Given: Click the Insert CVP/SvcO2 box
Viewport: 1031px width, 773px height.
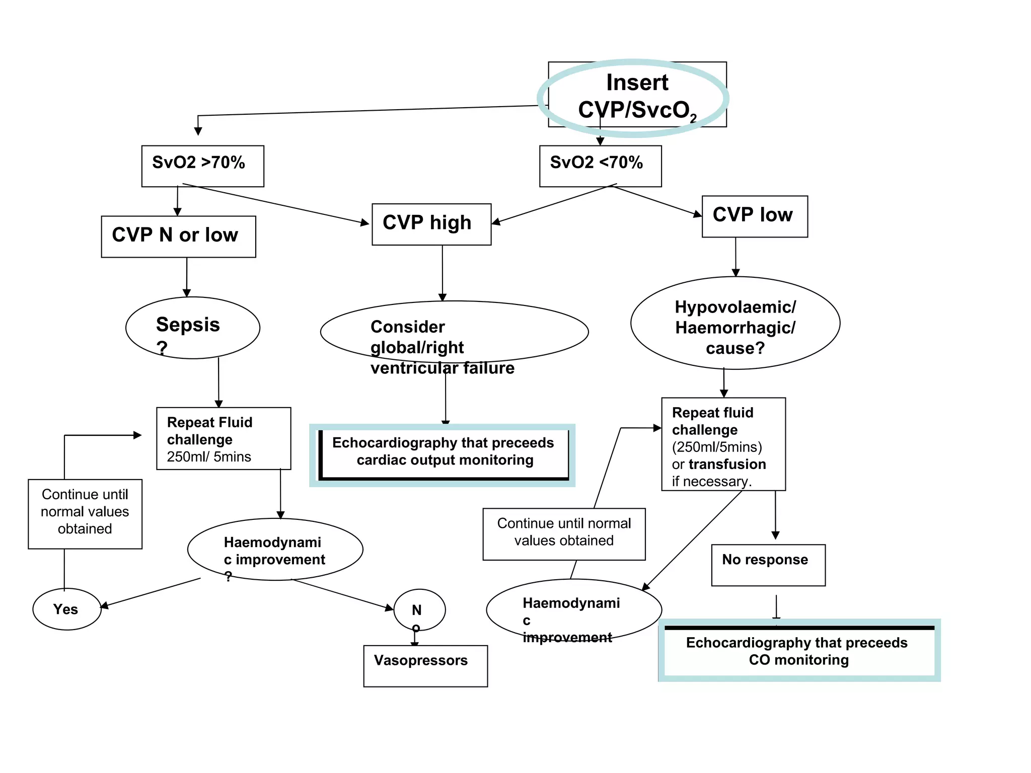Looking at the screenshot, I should tap(637, 96).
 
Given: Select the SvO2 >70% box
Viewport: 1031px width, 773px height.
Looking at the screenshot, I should tap(202, 166).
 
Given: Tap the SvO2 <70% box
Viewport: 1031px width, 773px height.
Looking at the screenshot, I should tap(600, 166).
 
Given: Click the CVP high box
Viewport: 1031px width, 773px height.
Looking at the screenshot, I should tap(431, 224).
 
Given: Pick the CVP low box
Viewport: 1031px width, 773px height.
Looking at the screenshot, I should tap(754, 216).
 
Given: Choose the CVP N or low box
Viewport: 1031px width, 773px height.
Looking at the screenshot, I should tap(178, 237).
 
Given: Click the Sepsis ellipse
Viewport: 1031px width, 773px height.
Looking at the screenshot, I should tap(192, 328).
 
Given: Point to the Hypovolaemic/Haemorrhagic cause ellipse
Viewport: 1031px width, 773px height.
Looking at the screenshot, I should tap(734, 323).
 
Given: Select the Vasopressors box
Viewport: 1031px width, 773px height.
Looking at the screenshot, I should tap(425, 665).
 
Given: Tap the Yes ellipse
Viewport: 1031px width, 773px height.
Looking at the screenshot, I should tap(66, 609).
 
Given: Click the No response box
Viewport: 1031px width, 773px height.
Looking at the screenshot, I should tap(768, 565).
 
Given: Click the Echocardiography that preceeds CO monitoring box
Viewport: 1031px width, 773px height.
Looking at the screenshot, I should tap(798, 651).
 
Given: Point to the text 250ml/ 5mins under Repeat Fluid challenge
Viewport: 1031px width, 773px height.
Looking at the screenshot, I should tap(209, 456).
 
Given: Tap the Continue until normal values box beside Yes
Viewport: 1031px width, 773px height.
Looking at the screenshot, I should tap(85, 513).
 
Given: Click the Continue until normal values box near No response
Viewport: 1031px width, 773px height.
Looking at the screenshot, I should tap(563, 533).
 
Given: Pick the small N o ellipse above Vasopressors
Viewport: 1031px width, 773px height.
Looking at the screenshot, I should tap(419, 610).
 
